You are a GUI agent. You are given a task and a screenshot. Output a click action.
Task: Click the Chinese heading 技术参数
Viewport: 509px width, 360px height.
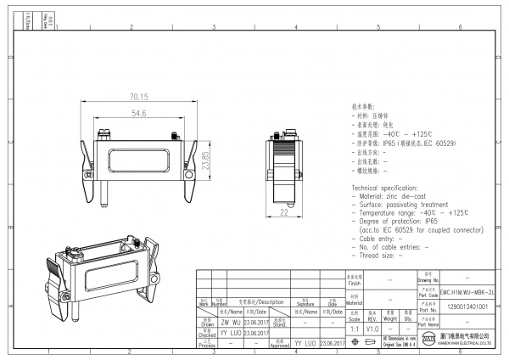click(363, 109)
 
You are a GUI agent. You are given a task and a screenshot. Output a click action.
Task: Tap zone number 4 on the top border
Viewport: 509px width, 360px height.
click(294, 28)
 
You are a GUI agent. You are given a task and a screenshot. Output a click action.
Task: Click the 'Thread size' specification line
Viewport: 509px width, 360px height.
click(381, 255)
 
